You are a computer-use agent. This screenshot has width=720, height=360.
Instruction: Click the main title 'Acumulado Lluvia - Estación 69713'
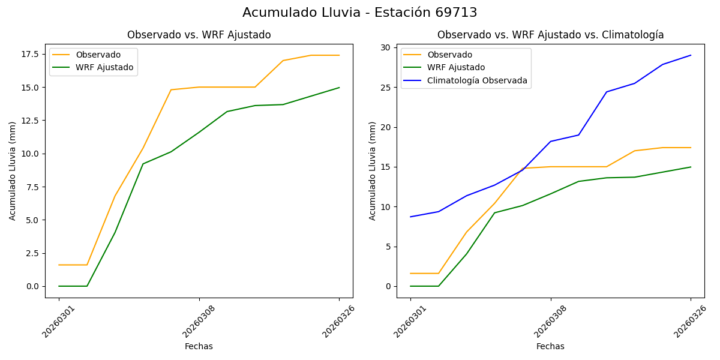(360, 13)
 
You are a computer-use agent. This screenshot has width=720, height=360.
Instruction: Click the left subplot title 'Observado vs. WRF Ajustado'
(199, 35)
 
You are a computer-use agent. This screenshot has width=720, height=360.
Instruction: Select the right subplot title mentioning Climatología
(550, 35)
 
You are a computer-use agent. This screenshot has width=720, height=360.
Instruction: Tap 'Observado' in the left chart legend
(98, 55)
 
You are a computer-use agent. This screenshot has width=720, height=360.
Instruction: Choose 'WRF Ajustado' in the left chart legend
(104, 68)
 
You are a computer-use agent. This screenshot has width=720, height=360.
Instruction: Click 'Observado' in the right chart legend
(449, 55)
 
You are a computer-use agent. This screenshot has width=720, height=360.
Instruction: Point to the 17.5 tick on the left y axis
(30, 54)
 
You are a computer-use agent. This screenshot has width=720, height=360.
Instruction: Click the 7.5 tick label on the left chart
(32, 187)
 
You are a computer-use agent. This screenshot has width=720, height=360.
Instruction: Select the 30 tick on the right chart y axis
(385, 47)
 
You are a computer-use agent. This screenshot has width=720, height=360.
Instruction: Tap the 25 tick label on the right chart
(385, 88)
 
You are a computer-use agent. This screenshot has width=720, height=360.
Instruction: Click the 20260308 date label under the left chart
(198, 322)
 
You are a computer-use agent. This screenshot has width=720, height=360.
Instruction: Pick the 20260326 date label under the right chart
(690, 322)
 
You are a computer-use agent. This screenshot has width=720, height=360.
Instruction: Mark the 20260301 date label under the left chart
(58, 322)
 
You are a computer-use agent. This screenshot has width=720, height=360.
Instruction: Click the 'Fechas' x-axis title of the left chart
(199, 346)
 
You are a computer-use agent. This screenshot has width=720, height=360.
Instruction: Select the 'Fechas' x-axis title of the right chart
(550, 346)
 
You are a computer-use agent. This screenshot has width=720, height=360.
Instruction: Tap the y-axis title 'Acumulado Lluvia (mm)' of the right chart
(373, 171)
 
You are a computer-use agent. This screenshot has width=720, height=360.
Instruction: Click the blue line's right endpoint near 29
(691, 55)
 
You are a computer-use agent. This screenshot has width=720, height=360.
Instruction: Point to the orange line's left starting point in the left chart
(59, 265)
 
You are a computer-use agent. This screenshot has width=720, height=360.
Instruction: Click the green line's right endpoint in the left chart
(339, 88)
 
